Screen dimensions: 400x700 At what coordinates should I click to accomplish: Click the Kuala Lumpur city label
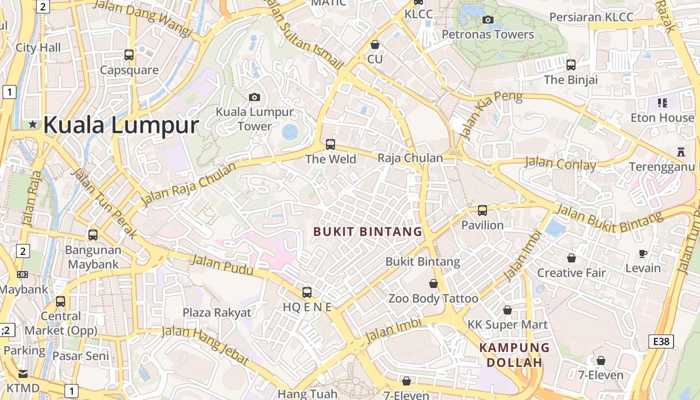pyautogui.click(x=121, y=124)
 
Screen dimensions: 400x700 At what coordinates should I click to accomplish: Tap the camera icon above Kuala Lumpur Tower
pyautogui.click(x=254, y=96)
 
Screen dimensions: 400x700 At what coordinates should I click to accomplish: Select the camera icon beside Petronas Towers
pyautogui.click(x=488, y=19)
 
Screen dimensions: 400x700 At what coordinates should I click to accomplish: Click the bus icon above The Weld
pyautogui.click(x=330, y=144)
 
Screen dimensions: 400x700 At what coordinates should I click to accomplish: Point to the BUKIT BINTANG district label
pyautogui.click(x=367, y=231)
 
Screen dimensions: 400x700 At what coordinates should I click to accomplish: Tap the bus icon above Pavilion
pyautogui.click(x=482, y=210)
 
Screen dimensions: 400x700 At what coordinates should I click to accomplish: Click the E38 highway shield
pyautogui.click(x=661, y=341)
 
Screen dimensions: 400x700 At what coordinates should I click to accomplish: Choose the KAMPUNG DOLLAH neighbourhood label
pyautogui.click(x=514, y=355)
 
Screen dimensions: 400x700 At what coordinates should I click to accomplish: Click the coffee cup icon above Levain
pyautogui.click(x=643, y=253)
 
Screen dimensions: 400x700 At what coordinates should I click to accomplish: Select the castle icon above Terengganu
pyautogui.click(x=680, y=151)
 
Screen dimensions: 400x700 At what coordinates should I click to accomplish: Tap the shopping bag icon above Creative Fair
pyautogui.click(x=571, y=258)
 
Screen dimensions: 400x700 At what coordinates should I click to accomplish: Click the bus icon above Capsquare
pyautogui.click(x=129, y=55)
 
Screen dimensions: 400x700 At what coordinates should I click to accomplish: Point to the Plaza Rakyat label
pyautogui.click(x=216, y=312)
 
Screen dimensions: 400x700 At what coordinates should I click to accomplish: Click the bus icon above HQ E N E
pyautogui.click(x=307, y=292)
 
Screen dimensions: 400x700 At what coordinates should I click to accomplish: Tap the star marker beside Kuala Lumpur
pyautogui.click(x=33, y=124)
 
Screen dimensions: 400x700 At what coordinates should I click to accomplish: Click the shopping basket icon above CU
pyautogui.click(x=375, y=44)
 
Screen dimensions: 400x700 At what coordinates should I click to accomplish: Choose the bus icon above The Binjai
pyautogui.click(x=571, y=64)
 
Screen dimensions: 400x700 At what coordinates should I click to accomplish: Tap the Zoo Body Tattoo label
pyautogui.click(x=433, y=298)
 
